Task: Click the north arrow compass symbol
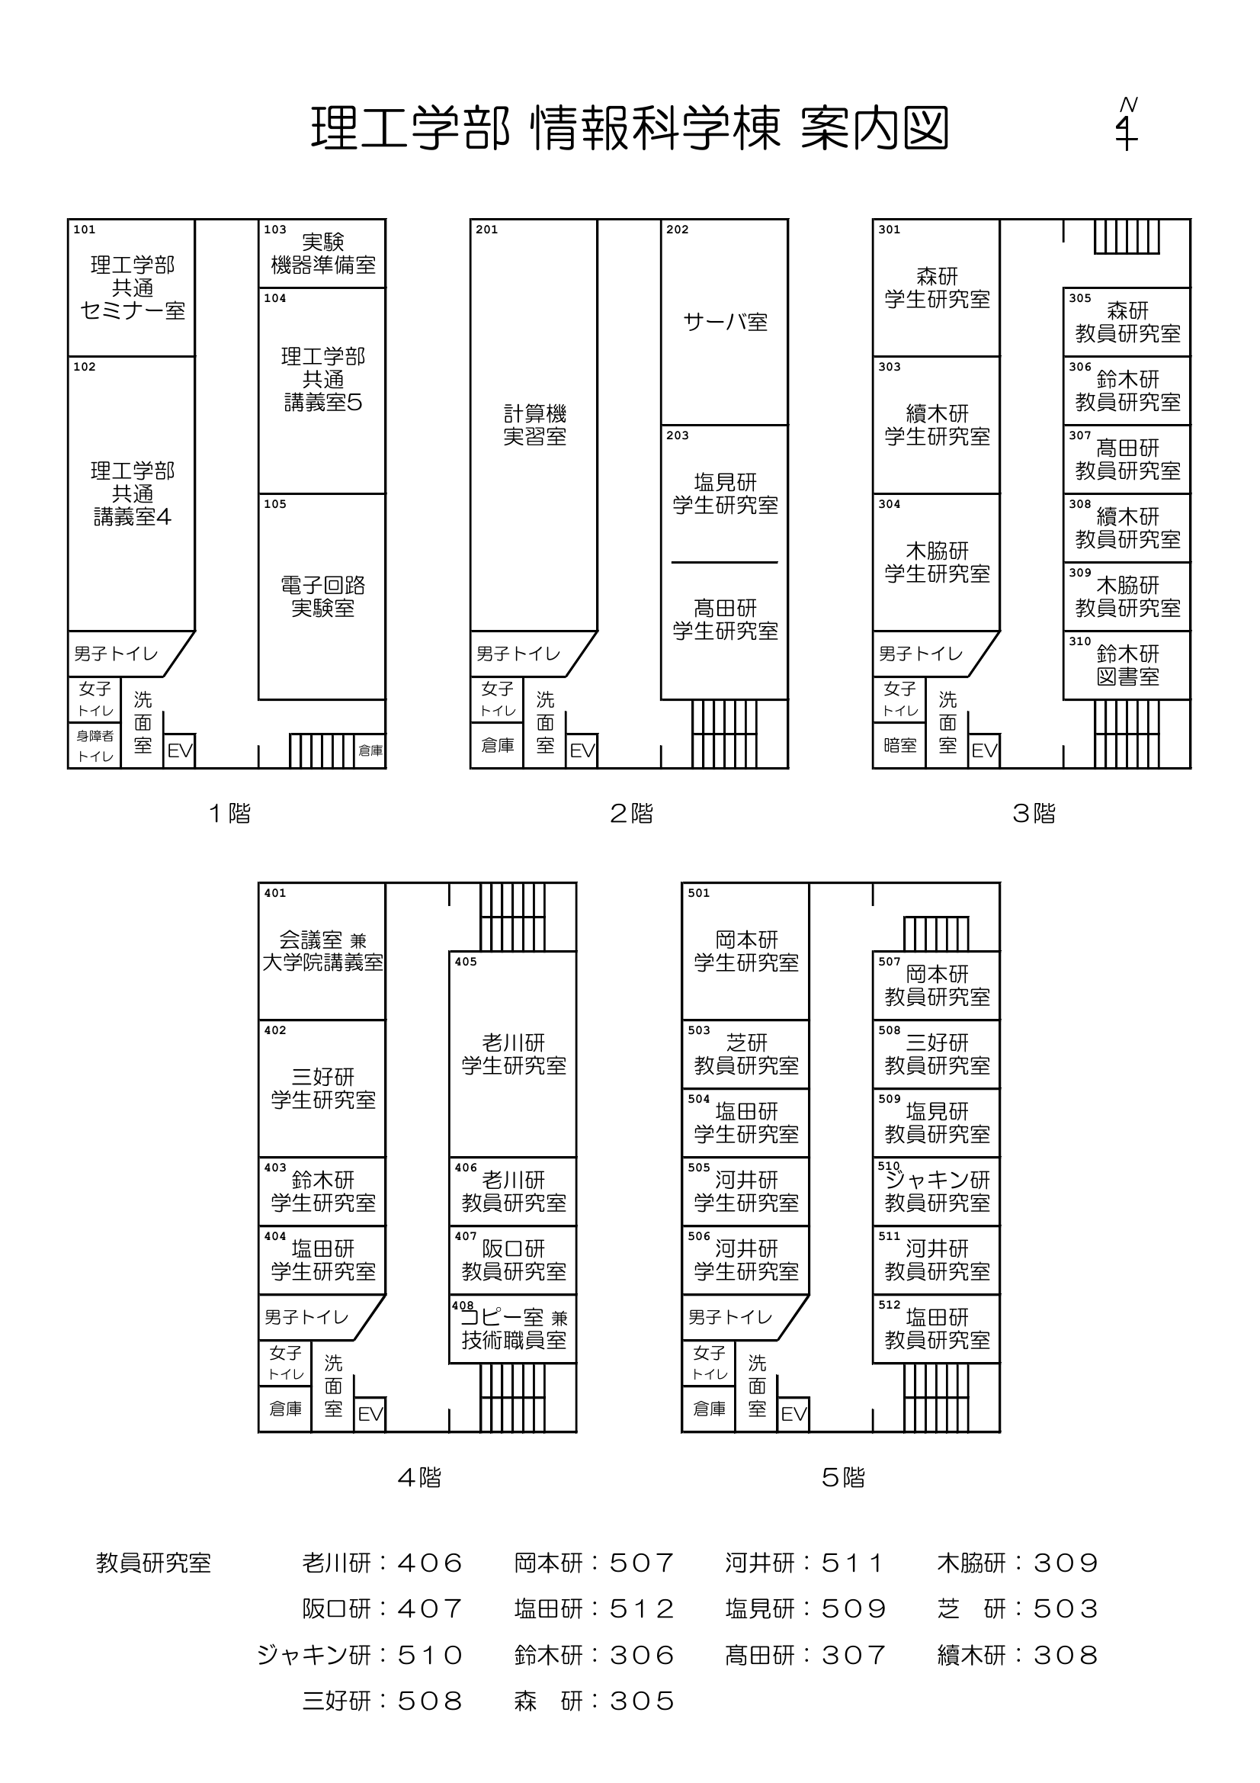click(x=1127, y=124)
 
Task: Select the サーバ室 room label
click(x=725, y=322)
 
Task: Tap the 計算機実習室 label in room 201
click(x=534, y=425)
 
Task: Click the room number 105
click(x=275, y=504)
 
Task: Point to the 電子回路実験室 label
click(x=322, y=596)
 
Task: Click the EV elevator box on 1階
click(x=180, y=750)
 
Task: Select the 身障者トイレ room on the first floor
click(x=95, y=746)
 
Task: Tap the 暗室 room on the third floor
click(x=899, y=746)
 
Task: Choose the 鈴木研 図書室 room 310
click(x=1127, y=666)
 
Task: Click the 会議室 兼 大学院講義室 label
click(x=322, y=951)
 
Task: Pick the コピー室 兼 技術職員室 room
click(x=513, y=1328)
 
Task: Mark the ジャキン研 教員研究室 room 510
click(x=937, y=1191)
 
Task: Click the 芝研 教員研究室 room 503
click(x=746, y=1054)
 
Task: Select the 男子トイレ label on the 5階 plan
click(x=729, y=1317)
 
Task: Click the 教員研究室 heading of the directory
click(x=153, y=1563)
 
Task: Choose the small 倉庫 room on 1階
click(x=370, y=750)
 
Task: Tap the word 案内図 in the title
click(x=874, y=128)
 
